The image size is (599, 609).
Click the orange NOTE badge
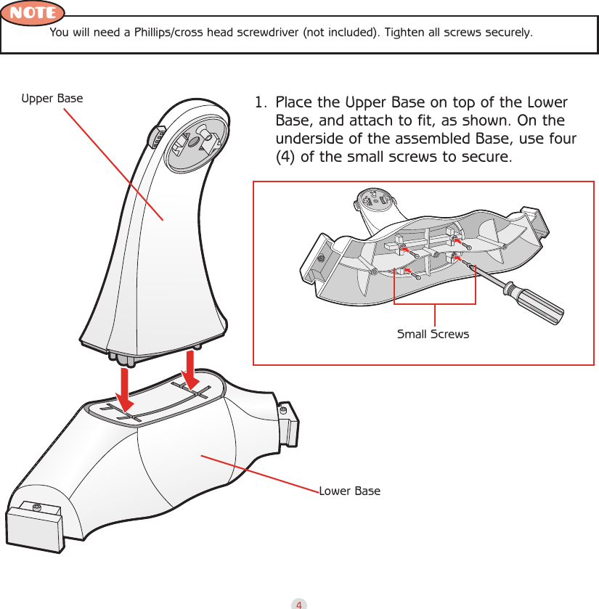pos(33,13)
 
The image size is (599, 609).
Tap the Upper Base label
pos(52,98)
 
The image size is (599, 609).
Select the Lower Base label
pos(349,491)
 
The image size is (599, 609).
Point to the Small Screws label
pos(433,335)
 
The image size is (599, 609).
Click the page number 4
pos(299,603)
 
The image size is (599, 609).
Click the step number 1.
pos(258,103)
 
